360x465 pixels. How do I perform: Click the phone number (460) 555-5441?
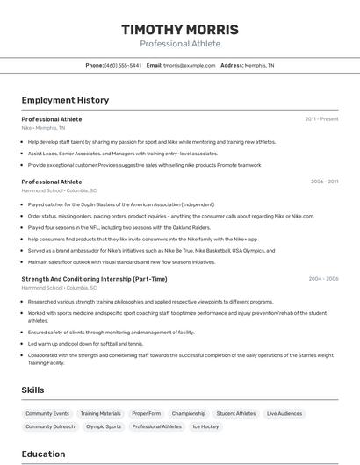tap(122, 65)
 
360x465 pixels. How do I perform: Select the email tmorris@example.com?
tap(189, 65)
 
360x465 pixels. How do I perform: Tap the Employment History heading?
tap(65, 100)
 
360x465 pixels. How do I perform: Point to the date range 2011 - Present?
tap(321, 119)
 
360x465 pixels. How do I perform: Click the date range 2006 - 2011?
tap(324, 182)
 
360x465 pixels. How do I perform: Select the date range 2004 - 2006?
tap(323, 279)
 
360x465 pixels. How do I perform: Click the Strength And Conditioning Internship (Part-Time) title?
tap(94, 279)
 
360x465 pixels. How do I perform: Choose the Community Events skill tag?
tap(47, 413)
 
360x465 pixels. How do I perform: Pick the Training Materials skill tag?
tap(100, 413)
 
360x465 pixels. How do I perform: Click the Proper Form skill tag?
tap(146, 413)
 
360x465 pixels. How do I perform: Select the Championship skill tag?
tap(189, 413)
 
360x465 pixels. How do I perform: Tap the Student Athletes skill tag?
tap(236, 413)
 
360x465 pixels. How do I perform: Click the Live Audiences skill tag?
tap(284, 413)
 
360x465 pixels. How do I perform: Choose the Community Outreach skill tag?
tap(50, 426)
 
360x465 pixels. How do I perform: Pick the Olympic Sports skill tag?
tap(104, 426)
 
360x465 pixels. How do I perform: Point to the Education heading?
tap(43, 454)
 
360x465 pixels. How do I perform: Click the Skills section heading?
tap(33, 390)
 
